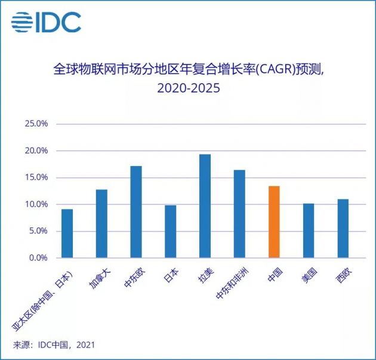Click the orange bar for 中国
point(274,222)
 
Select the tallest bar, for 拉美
point(205,206)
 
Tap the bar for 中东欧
point(136,212)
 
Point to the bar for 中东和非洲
point(239,214)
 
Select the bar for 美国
point(308,231)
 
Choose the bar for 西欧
point(343,229)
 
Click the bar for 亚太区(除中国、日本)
point(67,233)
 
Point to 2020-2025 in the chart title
point(189,88)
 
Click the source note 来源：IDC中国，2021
point(54,345)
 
